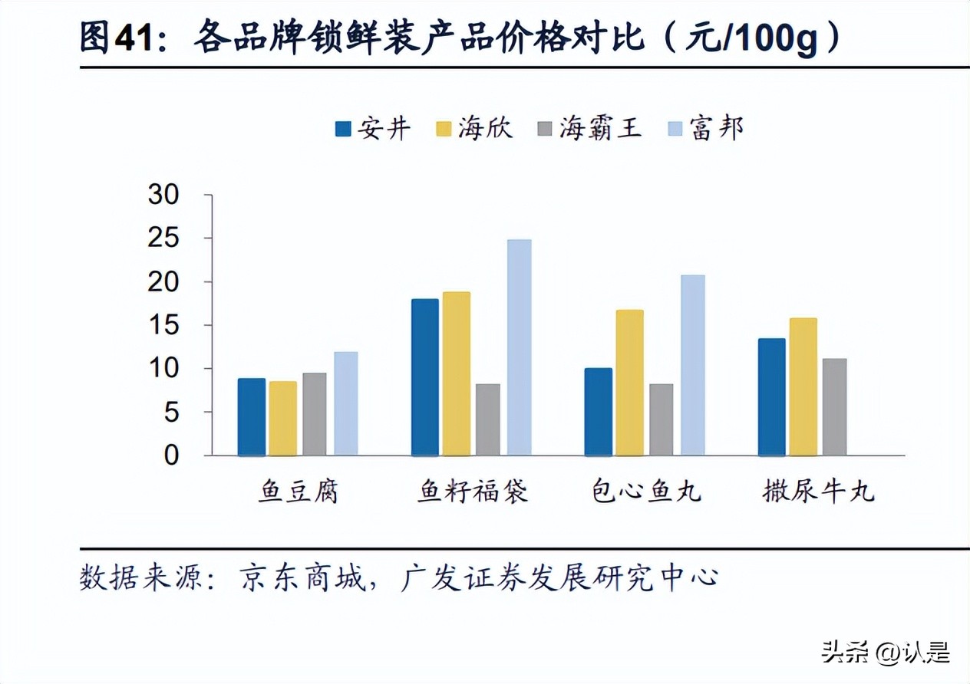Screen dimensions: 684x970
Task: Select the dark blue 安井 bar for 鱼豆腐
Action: pos(251,417)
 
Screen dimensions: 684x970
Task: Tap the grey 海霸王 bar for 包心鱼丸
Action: pos(661,419)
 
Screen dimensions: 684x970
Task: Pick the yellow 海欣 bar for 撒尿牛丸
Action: pos(803,386)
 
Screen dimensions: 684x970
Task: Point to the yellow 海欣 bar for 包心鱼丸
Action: pos(629,383)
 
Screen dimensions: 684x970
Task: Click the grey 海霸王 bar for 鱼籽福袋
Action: pos(487,419)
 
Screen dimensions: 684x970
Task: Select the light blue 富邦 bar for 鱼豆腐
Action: pos(345,403)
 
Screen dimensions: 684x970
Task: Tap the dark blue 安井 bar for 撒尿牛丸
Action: pos(771,396)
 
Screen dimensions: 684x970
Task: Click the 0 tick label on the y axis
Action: pos(171,455)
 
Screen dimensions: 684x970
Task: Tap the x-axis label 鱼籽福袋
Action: pos(473,492)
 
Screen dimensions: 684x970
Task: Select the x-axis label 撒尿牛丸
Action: pos(818,492)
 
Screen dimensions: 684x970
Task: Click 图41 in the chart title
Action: pos(119,38)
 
